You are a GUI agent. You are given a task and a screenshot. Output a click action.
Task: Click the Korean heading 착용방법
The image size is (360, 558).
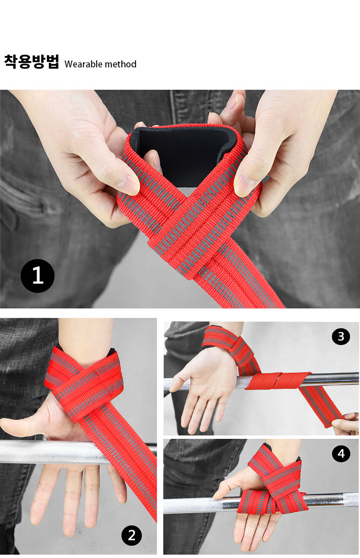click(x=32, y=61)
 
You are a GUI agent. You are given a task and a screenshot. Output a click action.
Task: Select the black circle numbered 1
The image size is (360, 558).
click(x=37, y=276)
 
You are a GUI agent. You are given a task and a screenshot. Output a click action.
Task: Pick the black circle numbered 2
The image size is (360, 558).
click(x=131, y=535)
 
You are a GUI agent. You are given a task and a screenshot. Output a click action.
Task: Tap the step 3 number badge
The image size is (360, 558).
click(x=341, y=337)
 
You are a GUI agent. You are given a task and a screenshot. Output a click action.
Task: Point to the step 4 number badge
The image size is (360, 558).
click(x=341, y=453)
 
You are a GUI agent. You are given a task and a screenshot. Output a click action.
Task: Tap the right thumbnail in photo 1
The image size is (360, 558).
click(x=245, y=186)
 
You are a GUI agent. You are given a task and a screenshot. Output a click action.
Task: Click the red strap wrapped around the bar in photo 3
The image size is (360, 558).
click(x=278, y=381)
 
